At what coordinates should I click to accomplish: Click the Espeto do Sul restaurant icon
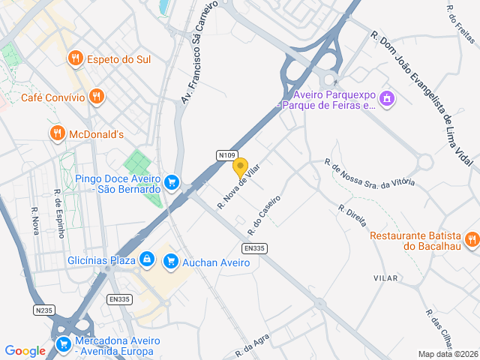pos(75,58)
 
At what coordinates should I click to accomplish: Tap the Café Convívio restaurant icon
pos(96,97)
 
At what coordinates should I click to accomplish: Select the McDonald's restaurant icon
pos(57,133)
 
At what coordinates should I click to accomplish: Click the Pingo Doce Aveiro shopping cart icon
pos(172,182)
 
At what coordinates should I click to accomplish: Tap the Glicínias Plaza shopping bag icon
pos(147,259)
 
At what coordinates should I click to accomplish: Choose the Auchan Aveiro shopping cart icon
pos(172,261)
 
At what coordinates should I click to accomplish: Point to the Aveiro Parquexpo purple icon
pos(387,98)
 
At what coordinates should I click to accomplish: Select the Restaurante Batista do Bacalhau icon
pos(471,239)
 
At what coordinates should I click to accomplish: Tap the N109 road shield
pos(228,155)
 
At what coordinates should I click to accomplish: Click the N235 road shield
pos(44,310)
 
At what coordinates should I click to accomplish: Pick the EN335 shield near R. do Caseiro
pos(254,248)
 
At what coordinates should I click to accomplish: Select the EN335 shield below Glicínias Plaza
pos(119,299)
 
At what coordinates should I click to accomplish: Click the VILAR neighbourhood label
pos(385,278)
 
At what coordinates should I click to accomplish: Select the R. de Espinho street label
pos(58,212)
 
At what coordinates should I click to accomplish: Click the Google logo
pos(25,351)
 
